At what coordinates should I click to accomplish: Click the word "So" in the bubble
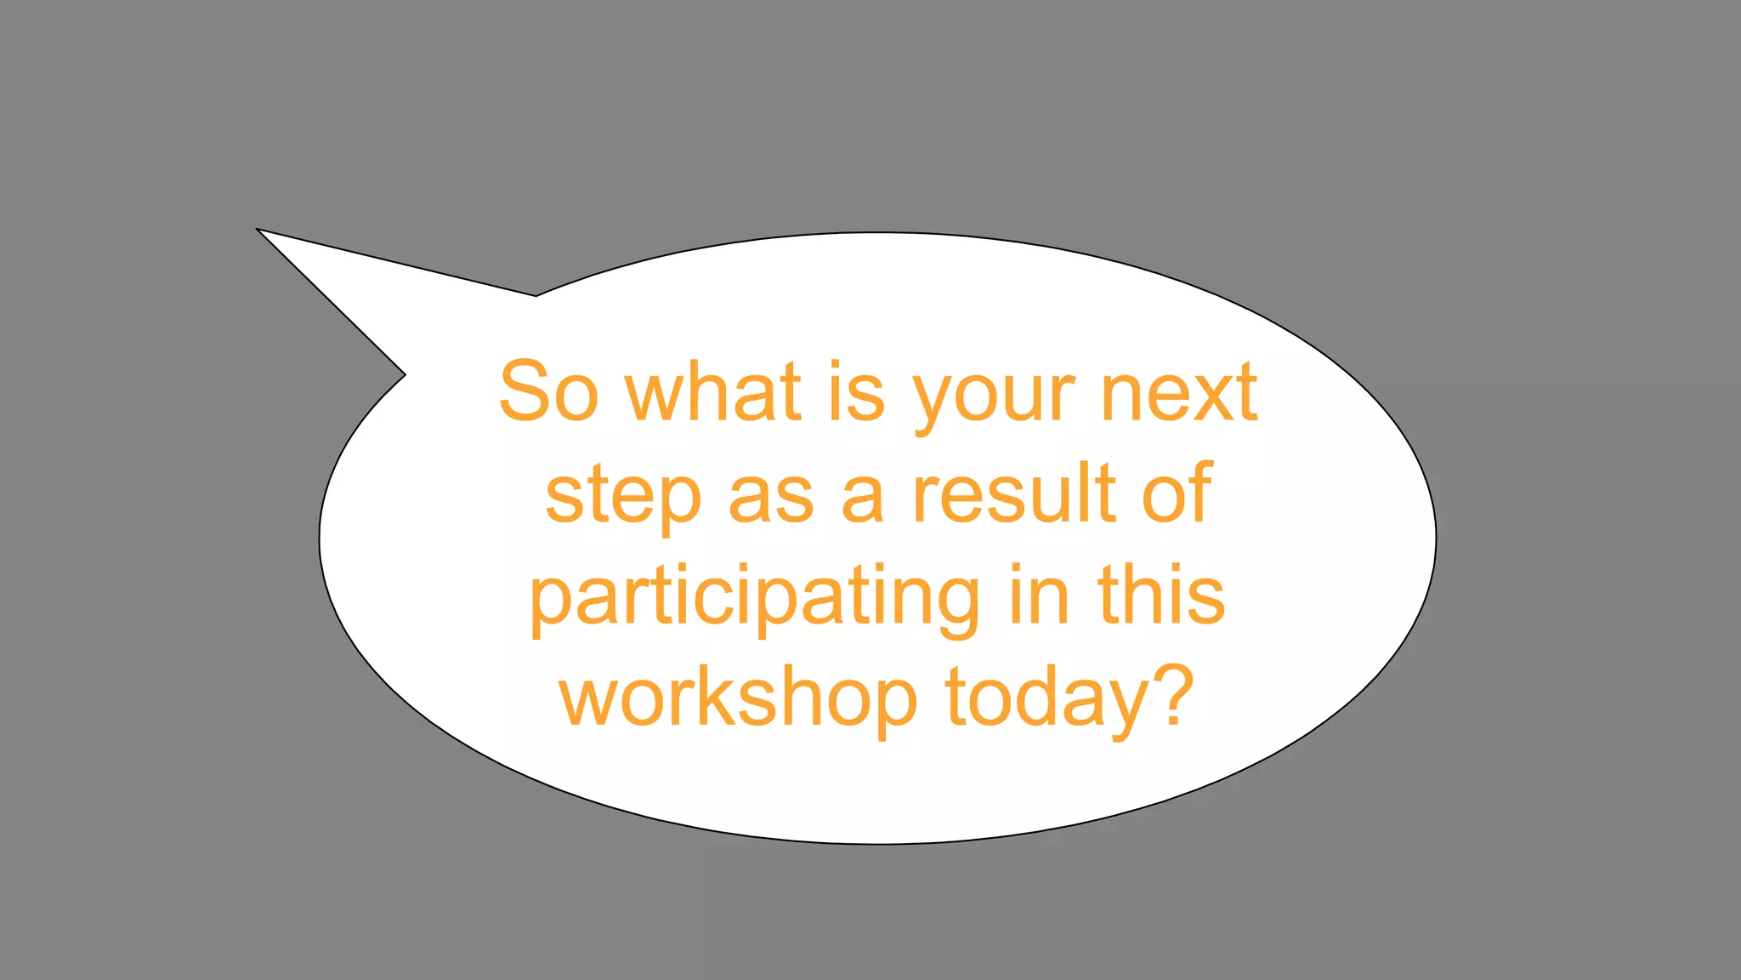(x=548, y=392)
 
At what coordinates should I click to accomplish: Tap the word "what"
(x=713, y=392)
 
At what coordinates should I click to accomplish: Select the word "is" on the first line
(x=856, y=392)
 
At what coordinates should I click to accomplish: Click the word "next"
(x=1179, y=392)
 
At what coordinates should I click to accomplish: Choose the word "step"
(x=623, y=497)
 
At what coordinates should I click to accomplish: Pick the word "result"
(x=1013, y=493)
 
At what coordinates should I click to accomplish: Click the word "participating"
(x=754, y=599)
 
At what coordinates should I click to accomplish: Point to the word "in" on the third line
(x=1039, y=595)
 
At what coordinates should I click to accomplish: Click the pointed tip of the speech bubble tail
(x=258, y=230)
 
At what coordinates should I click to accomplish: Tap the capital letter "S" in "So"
(x=524, y=392)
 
